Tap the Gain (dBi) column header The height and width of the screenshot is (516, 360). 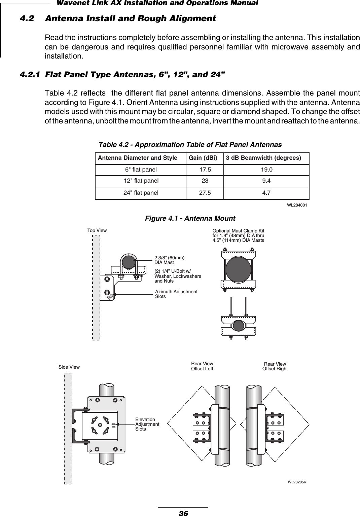click(203, 158)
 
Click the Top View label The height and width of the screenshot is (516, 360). click(97, 231)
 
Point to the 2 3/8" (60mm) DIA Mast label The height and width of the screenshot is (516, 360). click(169, 260)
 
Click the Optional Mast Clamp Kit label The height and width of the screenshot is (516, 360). click(238, 235)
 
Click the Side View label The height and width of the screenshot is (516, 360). click(69, 367)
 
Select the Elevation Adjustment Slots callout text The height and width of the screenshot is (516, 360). click(147, 424)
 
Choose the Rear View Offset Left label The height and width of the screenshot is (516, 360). click(202, 366)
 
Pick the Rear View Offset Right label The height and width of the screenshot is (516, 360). click(275, 366)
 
